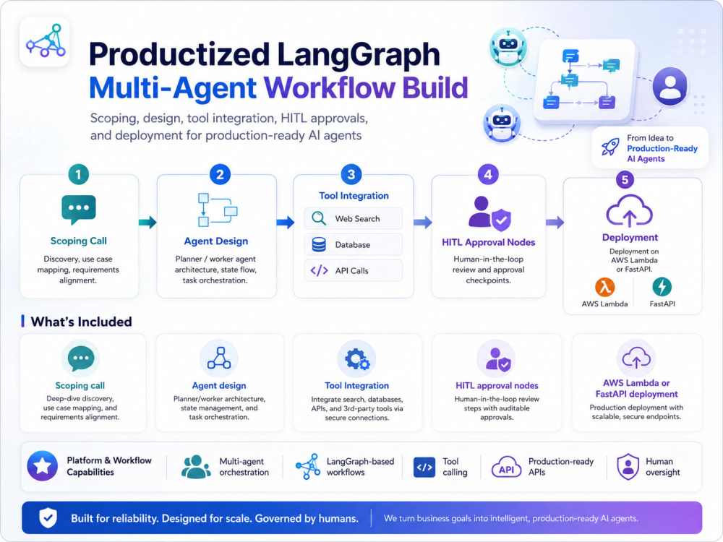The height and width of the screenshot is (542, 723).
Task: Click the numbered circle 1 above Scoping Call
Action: tap(78, 175)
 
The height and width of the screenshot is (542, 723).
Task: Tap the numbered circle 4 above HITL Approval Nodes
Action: tap(488, 175)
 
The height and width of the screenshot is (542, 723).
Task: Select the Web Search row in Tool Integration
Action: tap(354, 218)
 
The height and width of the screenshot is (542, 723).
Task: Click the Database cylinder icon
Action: tap(319, 245)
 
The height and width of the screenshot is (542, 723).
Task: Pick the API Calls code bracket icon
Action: tap(319, 270)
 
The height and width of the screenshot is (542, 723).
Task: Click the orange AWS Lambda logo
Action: tap(604, 287)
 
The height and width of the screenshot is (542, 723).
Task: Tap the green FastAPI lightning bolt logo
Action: tap(662, 287)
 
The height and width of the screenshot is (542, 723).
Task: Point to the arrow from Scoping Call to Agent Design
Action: tap(147, 222)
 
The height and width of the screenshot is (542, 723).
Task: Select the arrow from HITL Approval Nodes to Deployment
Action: tap(555, 223)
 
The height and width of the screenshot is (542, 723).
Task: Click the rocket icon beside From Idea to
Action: tap(610, 147)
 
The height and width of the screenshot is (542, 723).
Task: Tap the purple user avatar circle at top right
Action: tap(670, 86)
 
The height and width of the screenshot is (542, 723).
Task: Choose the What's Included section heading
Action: tap(81, 322)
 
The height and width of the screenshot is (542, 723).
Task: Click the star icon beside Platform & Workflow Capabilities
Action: tap(43, 466)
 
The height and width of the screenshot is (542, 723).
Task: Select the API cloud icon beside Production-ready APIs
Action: tap(506, 467)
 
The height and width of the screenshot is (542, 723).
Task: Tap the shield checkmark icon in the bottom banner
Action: tap(48, 518)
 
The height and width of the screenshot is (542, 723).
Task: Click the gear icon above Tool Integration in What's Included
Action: tap(357, 359)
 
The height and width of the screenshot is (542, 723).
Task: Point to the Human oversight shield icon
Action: tap(628, 466)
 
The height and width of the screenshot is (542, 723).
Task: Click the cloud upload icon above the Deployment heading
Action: tap(630, 210)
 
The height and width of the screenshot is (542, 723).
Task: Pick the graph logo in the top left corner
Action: tap(46, 40)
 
